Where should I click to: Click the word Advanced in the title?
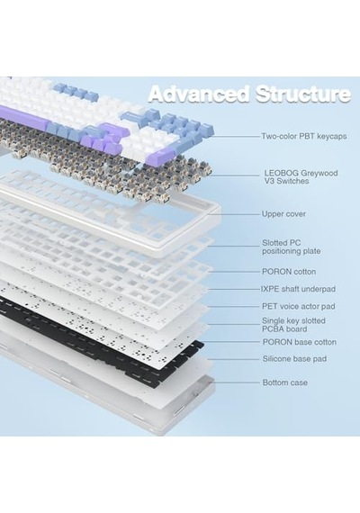200,94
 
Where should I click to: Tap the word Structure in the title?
302,94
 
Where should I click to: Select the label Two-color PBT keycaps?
303,136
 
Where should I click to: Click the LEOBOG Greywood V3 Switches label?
301,177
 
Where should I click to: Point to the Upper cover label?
283,214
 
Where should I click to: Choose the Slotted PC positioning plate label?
291,247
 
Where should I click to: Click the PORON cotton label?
289,272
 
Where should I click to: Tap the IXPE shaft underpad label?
298,289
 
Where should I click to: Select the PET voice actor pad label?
298,306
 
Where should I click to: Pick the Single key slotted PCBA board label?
293,325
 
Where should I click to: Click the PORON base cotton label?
299,342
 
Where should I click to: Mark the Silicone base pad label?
294,359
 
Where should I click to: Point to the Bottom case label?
284,382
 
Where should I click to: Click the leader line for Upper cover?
234,214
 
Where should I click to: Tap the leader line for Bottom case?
236,382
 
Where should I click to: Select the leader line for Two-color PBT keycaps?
236,136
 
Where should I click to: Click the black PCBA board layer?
98,340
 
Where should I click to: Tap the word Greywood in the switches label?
319,173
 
